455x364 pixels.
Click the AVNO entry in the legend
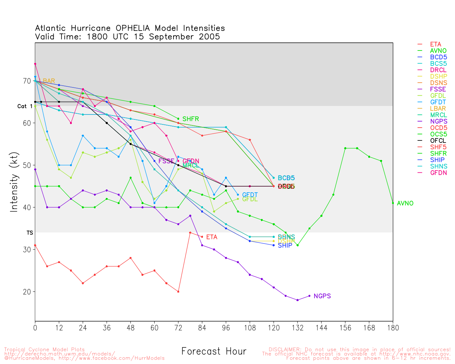pos(438,51)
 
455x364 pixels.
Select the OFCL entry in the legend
pos(438,141)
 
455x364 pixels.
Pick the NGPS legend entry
pos(439,122)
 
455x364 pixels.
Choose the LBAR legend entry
pos(438,109)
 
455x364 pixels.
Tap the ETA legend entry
pos(435,44)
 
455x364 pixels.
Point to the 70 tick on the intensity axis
pos(27,81)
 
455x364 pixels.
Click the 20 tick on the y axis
pos(27,292)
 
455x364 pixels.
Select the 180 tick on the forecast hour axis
pos(393,328)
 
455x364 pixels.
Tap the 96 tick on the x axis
pos(226,328)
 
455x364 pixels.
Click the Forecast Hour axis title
pos(214,352)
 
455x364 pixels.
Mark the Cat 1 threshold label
pos(25,106)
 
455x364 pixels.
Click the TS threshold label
pos(30,233)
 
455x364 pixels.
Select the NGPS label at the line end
pos(322,296)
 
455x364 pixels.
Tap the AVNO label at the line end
pos(405,203)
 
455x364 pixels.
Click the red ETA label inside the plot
pos(212,237)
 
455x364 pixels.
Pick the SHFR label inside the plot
pos(191,119)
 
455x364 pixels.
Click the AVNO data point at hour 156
pos(345,148)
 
